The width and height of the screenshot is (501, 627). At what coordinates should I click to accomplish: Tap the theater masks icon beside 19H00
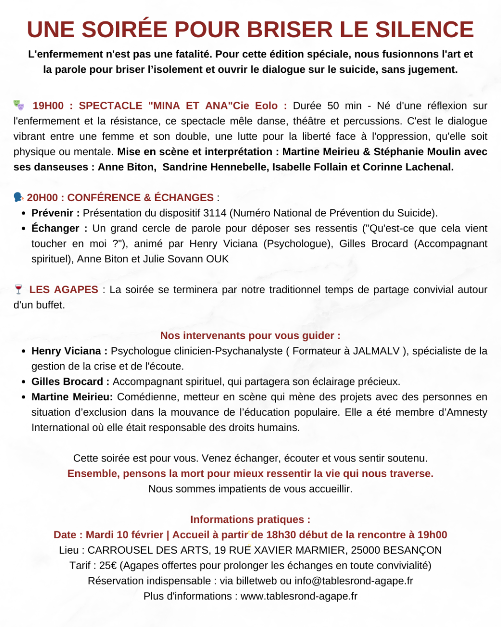(x=19, y=105)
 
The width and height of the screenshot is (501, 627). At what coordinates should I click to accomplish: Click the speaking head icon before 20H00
(x=18, y=197)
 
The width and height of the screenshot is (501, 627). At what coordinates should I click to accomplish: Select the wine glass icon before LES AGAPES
(x=18, y=289)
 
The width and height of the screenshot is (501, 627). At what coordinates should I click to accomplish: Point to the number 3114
(x=215, y=213)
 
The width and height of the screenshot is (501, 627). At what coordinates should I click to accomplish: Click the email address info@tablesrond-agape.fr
(x=354, y=581)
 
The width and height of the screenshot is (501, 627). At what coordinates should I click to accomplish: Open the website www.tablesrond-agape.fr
(x=299, y=596)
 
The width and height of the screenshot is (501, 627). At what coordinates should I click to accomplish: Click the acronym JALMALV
(x=376, y=351)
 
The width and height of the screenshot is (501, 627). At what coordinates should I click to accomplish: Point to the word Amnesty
(x=467, y=412)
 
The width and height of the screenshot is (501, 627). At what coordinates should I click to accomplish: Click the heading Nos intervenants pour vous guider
(x=250, y=335)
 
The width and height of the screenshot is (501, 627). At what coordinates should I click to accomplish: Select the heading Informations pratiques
(x=250, y=519)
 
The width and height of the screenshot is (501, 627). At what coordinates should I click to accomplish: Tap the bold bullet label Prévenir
(x=53, y=213)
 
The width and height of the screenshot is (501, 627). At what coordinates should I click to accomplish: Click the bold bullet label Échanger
(x=55, y=228)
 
